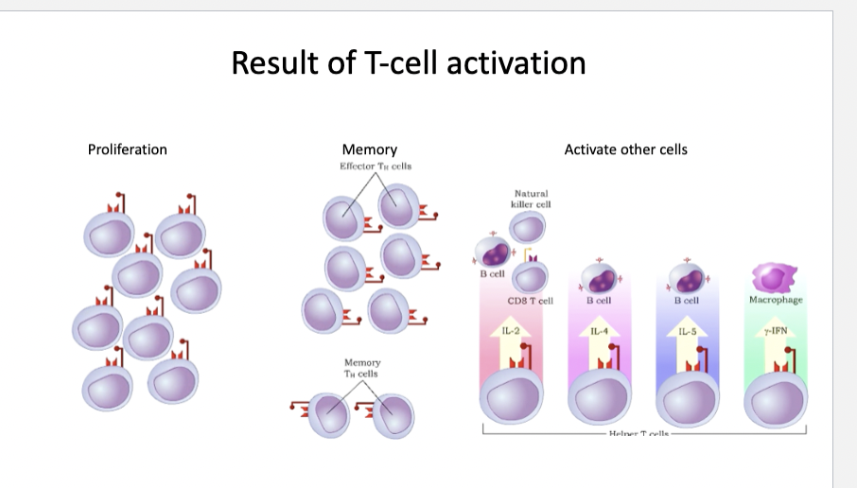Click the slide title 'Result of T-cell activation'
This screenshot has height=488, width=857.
tap(408, 63)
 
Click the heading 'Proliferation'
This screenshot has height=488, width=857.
tap(127, 149)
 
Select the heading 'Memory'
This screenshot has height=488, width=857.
tap(369, 149)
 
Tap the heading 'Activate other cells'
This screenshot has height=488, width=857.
tap(625, 149)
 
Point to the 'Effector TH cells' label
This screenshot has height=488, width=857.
tap(376, 166)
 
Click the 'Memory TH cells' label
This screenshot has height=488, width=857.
tap(362, 368)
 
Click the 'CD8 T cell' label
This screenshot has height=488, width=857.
tap(530, 301)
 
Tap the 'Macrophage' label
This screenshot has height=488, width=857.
tap(775, 300)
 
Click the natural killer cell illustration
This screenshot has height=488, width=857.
tap(528, 227)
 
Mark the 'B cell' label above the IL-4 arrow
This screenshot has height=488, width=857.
tap(597, 300)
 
